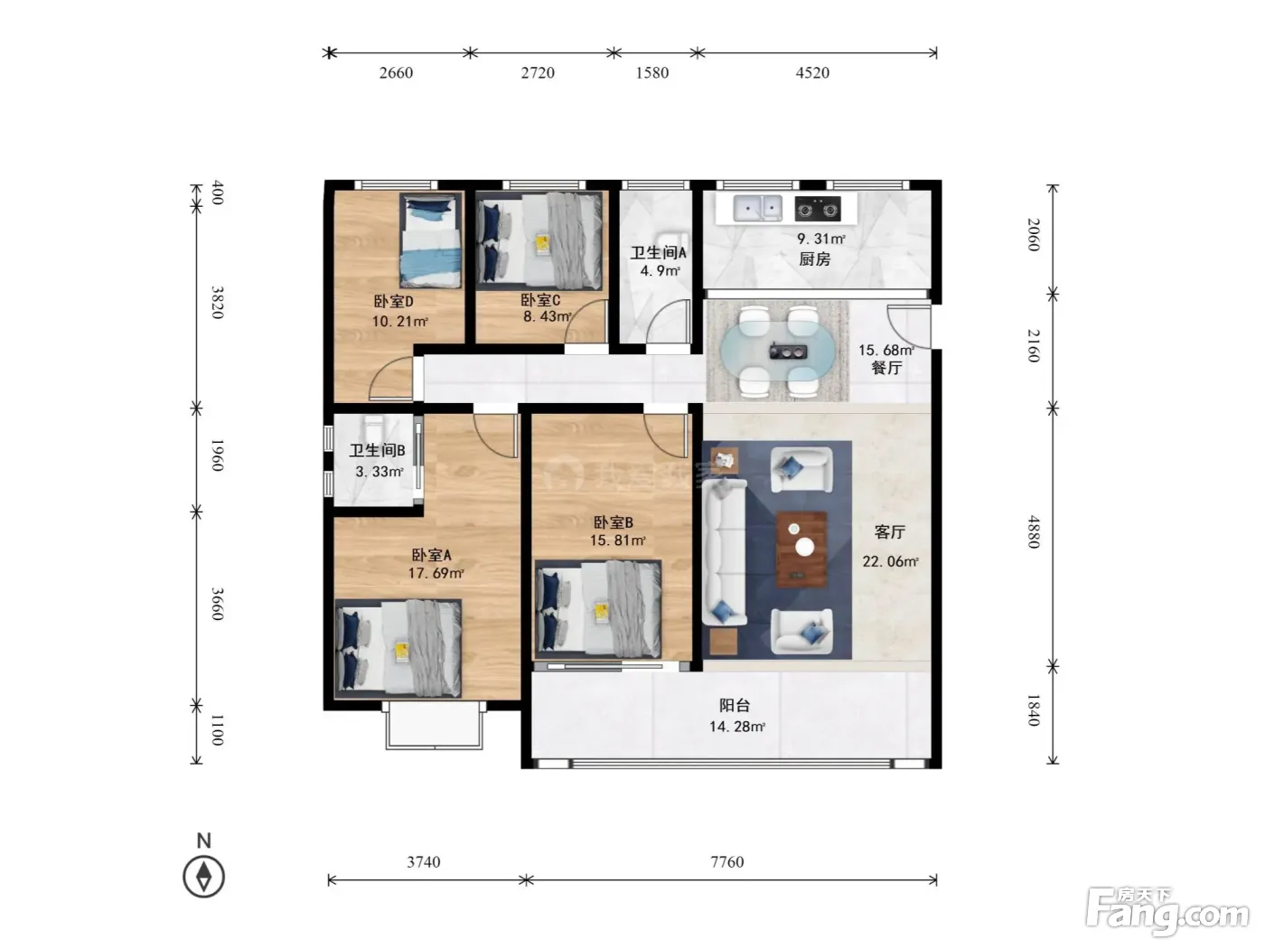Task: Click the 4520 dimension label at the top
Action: point(812,72)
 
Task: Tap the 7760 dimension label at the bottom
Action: point(726,862)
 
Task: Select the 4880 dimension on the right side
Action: point(1034,531)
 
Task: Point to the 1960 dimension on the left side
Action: point(217,456)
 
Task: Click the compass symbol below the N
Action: point(203,877)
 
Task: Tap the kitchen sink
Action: point(757,208)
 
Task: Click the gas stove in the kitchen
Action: point(817,209)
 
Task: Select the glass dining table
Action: point(777,352)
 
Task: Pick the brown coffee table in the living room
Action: point(801,550)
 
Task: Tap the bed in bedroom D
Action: point(432,240)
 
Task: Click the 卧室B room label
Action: point(614,522)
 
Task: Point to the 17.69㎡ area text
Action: point(436,573)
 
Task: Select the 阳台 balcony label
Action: point(735,705)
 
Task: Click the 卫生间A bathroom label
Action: point(658,252)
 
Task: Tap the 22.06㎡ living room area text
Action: point(890,561)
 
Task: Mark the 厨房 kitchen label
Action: point(814,259)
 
